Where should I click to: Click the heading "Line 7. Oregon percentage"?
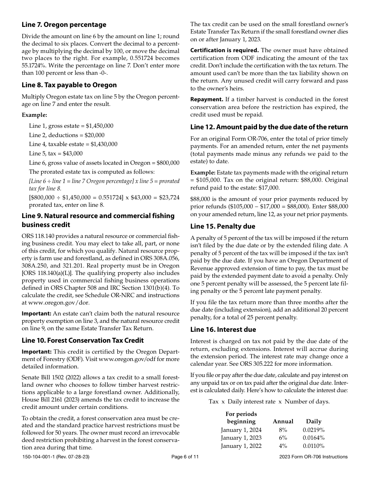[64, 25]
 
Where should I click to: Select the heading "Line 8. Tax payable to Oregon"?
[69, 85]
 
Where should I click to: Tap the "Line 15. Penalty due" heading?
[223, 226]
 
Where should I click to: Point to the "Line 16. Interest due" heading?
[223, 329]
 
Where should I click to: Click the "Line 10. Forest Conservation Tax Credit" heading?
[83, 340]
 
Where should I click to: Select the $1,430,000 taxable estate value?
[104, 144]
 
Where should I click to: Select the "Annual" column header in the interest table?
[283, 421]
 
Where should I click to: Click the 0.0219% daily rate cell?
[314, 430]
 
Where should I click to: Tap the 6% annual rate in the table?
[283, 438]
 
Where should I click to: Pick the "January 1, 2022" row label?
[241, 446]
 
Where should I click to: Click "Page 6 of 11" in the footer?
[185, 457]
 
